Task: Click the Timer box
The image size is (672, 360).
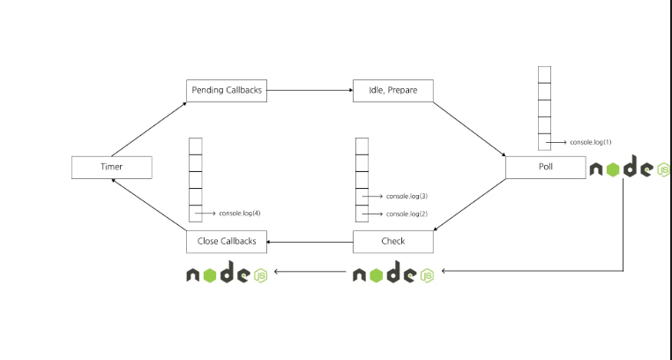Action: coord(111,167)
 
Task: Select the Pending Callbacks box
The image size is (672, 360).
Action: coord(227,90)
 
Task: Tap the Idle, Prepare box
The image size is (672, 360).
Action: coord(393,90)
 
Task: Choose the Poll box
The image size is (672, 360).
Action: coord(546,167)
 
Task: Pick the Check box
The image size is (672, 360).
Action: coord(393,242)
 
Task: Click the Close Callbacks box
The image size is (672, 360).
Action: coord(227,242)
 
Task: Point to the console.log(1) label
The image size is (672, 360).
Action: coord(591,142)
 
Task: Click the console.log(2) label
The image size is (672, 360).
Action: coord(407,214)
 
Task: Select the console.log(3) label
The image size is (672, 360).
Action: coord(407,196)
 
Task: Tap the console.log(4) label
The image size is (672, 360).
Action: coord(240,213)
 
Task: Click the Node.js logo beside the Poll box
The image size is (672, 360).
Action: coord(629,167)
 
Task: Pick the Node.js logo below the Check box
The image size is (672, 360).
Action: coord(393,272)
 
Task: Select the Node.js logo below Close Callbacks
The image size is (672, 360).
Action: coord(227,272)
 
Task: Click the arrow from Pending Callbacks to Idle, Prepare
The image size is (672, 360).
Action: coord(310,90)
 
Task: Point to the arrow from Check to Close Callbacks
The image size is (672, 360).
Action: coord(310,242)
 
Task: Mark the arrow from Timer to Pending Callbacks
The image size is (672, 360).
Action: coord(149,129)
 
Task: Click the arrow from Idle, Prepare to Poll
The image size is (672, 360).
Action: coord(469,129)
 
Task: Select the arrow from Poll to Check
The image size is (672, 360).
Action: coord(470,205)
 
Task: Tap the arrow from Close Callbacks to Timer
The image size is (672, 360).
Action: coord(149,205)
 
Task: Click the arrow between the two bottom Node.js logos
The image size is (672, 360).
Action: coord(310,271)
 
